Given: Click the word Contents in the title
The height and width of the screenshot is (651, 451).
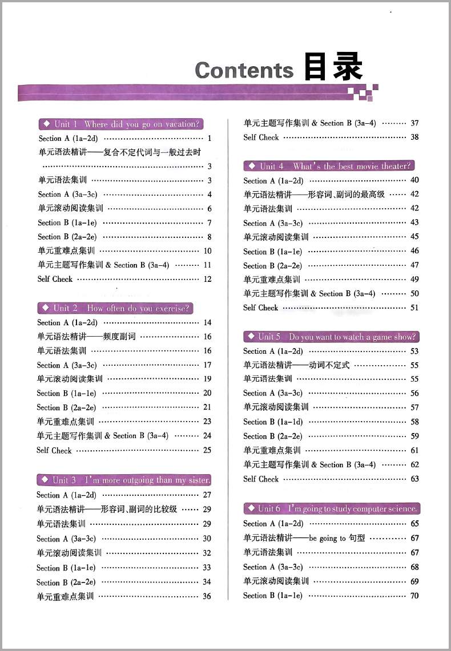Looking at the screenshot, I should pyautogui.click(x=244, y=70).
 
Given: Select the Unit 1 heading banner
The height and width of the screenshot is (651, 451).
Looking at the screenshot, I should pyautogui.click(x=120, y=124).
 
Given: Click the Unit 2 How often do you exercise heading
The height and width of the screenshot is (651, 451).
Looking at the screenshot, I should pyautogui.click(x=115, y=308).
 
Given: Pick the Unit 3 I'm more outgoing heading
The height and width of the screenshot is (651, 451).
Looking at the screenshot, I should pyautogui.click(x=124, y=480).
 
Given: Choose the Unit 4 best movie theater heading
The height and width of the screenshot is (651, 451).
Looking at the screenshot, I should pyautogui.click(x=329, y=166).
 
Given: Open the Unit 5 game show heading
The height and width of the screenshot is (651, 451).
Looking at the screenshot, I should pyautogui.click(x=331, y=337).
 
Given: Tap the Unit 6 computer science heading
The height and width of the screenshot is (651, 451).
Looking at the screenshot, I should pyautogui.click(x=331, y=508).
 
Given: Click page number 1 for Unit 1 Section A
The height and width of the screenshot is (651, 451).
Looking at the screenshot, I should pyautogui.click(x=210, y=138).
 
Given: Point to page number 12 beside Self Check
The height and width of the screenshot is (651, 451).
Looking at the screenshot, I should pyautogui.click(x=207, y=279).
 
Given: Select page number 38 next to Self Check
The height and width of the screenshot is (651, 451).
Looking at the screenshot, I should pyautogui.click(x=414, y=137).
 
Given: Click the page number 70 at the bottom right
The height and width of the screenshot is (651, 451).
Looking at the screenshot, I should pyautogui.click(x=414, y=596).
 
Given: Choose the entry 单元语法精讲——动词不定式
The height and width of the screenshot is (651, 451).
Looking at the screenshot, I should pyautogui.click(x=296, y=365).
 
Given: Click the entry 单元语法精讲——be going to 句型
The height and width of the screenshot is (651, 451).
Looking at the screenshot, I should pyautogui.click(x=304, y=537).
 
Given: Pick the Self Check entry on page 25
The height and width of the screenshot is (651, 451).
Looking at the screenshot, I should pyautogui.click(x=54, y=450).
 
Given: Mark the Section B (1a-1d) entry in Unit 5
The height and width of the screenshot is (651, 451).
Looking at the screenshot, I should pyautogui.click(x=273, y=422).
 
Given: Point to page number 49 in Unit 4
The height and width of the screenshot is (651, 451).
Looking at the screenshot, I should pyautogui.click(x=414, y=279).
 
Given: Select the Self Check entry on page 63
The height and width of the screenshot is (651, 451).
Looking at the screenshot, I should pyautogui.click(x=261, y=479).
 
